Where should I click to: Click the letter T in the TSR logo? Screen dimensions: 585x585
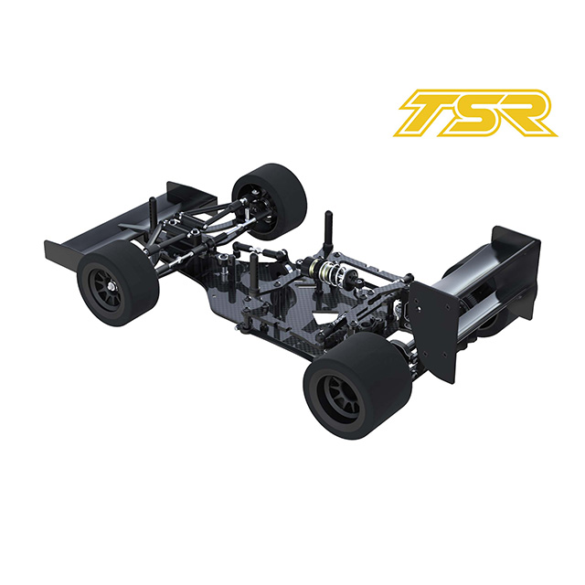pos(432,112)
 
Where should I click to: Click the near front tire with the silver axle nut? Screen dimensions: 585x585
pos(118,282)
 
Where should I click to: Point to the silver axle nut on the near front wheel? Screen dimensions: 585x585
pos(112,286)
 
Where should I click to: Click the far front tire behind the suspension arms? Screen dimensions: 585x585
pos(270,200)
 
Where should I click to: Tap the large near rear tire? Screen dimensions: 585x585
pos(357,385)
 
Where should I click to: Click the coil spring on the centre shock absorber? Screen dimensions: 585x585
pos(331,271)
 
